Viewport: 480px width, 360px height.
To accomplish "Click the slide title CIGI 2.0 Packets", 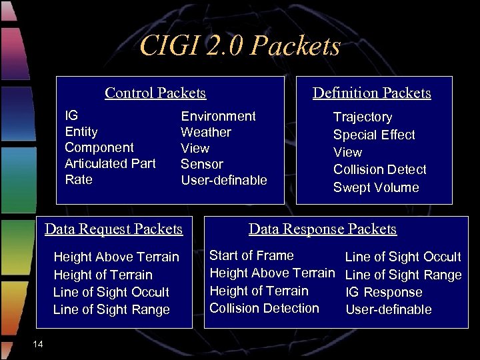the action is (x=240, y=47).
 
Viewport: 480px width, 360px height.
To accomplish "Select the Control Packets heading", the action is (x=155, y=93).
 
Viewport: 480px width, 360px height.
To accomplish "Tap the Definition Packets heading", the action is (x=372, y=93).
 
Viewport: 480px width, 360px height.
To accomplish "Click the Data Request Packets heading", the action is (x=113, y=229).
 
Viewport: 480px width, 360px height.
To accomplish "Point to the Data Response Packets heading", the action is (x=323, y=229).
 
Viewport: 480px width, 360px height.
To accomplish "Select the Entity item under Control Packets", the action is (x=81, y=132).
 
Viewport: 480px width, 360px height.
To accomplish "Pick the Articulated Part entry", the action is (x=110, y=164).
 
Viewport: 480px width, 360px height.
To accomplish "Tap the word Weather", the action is (x=206, y=132).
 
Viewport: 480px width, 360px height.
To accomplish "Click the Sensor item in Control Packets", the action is (x=202, y=164).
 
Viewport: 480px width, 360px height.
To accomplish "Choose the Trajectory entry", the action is (x=363, y=117).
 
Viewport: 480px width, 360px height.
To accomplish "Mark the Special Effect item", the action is (x=374, y=135).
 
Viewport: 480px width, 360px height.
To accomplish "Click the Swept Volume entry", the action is (x=376, y=187).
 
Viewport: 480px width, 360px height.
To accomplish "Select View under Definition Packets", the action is (x=347, y=152).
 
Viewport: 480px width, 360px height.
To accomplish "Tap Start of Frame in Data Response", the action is (x=251, y=255).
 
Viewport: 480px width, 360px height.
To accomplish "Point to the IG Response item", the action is (x=383, y=292).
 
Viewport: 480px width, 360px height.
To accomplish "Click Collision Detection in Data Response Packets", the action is (x=264, y=308).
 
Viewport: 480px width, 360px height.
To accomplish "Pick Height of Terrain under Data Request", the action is (x=103, y=275).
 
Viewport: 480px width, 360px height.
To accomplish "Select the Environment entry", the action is (x=218, y=116).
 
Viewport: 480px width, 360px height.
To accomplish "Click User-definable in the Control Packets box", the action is (x=224, y=180).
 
